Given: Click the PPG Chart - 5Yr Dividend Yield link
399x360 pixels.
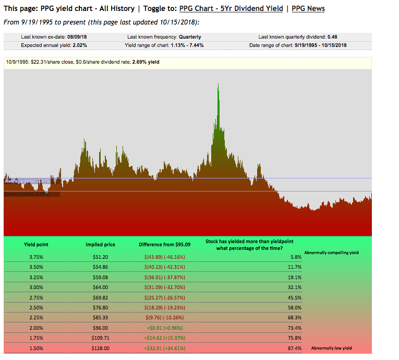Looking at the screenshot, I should [231, 8].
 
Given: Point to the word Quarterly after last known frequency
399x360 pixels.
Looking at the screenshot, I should [190, 37].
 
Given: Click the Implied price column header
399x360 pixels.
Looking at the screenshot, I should [101, 244].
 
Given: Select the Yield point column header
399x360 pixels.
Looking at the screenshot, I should [37, 244].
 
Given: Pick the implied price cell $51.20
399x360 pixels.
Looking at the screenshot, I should [101, 257].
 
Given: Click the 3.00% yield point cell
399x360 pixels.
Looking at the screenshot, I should [37, 287].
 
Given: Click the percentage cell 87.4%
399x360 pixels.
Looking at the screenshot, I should [295, 347].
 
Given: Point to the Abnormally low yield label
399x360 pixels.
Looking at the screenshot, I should [331, 347].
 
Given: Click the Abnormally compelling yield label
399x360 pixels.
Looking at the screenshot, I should [331, 253].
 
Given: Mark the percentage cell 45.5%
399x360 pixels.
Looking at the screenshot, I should [295, 297].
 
